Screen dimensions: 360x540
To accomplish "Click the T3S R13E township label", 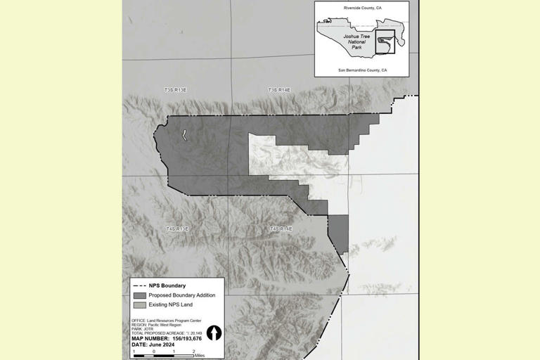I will pos(176,90).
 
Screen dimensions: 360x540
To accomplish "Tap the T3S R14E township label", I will pos(279,90).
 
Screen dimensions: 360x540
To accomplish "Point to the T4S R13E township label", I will pos(177,229).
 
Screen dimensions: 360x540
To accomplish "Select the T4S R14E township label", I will pos(281,229).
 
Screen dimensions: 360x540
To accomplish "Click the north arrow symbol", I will pos(214,333).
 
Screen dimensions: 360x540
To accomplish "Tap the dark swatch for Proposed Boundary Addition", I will pos(139,295).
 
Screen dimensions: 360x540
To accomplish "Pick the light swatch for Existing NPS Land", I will pos(139,305).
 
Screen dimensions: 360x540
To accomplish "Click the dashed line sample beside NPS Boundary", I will pos(139,285).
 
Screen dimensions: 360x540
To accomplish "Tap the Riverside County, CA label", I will pos(361,8).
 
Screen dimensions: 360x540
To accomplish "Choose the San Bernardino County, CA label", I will pos(362,70).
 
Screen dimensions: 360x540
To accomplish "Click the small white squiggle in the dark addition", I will pos(184,134).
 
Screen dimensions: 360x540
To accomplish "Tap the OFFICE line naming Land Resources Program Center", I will pos(166,321).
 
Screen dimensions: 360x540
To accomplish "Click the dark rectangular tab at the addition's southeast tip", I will pos(338,234).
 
